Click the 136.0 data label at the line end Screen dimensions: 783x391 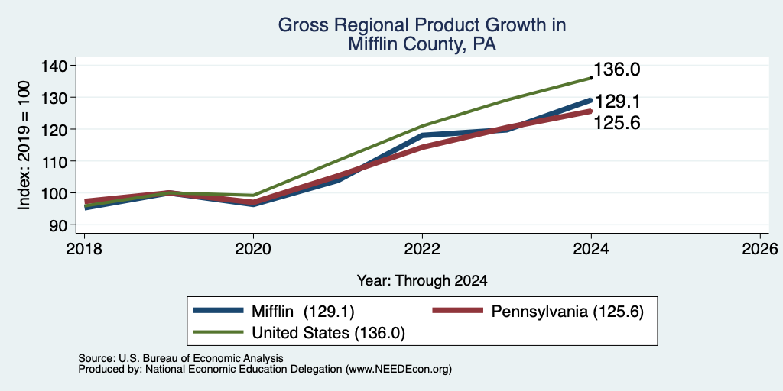tap(617, 69)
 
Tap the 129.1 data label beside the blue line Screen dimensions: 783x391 tap(617, 102)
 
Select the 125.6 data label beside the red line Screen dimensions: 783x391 tap(617, 123)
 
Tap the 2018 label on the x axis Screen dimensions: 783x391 tap(84, 248)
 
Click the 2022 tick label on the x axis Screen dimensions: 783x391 tap(422, 248)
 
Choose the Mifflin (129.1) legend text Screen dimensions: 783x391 tap(303, 312)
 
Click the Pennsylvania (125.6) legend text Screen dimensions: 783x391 tap(567, 312)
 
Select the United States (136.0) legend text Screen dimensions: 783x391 tap(328, 333)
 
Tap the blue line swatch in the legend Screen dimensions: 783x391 tap(218, 311)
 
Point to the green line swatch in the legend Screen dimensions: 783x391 tap(218, 331)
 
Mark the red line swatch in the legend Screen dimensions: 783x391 tap(458, 311)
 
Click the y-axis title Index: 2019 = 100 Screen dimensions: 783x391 tap(24, 144)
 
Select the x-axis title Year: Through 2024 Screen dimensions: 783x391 tap(422, 281)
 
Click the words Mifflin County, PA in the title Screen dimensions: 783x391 tap(422, 44)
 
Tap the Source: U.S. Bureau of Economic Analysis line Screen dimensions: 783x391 tap(180, 358)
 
